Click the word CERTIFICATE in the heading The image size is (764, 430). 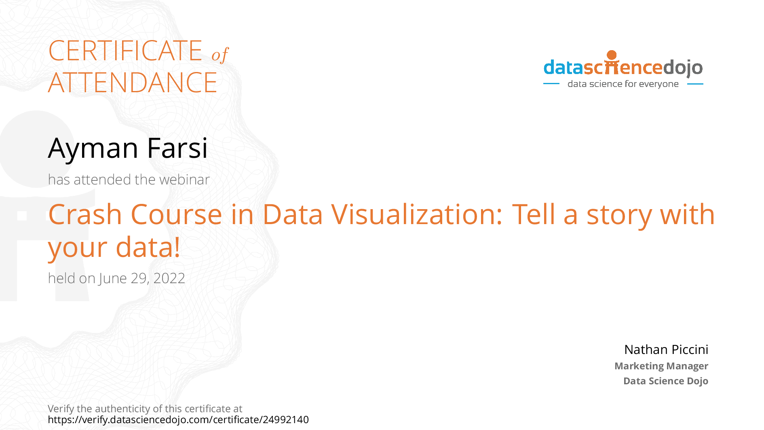[x=125, y=51]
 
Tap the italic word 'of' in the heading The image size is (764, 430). [x=220, y=55]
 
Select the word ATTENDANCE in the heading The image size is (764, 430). [x=133, y=83]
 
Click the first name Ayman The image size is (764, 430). [x=93, y=148]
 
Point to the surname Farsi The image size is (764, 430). [x=177, y=148]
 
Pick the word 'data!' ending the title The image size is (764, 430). [x=148, y=247]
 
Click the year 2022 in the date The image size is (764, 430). [x=169, y=278]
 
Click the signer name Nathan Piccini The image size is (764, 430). [x=666, y=350]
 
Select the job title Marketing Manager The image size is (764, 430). [x=661, y=366]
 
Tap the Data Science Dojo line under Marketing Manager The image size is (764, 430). [x=665, y=381]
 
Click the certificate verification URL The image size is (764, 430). [x=178, y=420]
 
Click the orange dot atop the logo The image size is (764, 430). [x=612, y=55]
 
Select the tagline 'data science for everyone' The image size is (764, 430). [x=623, y=84]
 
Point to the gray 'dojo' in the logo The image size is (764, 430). [x=683, y=68]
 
